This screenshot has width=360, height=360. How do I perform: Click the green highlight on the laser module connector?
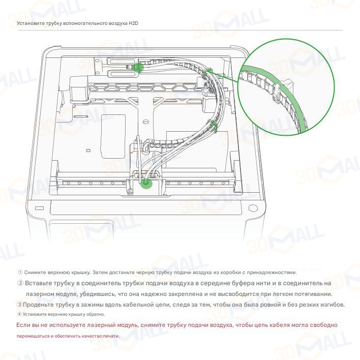click(146, 183)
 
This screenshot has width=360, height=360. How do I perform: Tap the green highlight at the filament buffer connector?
click(138, 67)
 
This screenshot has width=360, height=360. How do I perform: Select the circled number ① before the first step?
click(20, 273)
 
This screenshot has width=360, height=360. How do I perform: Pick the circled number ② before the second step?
click(20, 283)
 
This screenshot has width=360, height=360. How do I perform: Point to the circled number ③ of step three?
click(19, 305)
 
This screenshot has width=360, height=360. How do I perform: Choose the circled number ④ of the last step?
click(19, 314)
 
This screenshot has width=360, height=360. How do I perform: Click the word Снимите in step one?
click(35, 273)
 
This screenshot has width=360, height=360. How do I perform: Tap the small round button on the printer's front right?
click(253, 208)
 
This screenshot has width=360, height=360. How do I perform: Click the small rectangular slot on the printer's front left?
click(39, 208)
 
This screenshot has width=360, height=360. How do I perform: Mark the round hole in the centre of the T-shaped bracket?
click(145, 121)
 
